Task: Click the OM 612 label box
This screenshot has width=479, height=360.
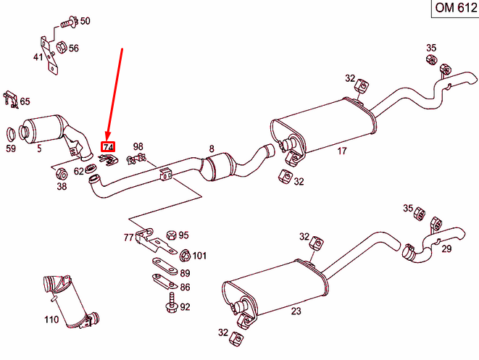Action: [x=454, y=8]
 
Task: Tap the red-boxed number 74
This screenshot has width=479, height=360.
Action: [x=108, y=147]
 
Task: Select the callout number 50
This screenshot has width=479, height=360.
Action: [x=85, y=21]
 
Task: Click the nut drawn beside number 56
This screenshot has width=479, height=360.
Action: [x=62, y=48]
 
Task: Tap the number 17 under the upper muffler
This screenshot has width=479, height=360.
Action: [x=341, y=151]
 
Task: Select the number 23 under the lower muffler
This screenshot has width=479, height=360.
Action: [x=296, y=312]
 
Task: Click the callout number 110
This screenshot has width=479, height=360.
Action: [x=51, y=319]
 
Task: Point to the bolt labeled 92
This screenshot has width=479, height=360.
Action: [x=172, y=303]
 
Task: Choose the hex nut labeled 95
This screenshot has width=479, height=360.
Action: [x=170, y=235]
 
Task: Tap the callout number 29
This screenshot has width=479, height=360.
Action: [x=446, y=249]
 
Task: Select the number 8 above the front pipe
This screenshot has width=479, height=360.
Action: [x=212, y=149]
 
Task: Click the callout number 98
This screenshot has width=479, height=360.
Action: [x=138, y=146]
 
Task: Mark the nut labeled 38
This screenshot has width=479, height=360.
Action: [x=62, y=173]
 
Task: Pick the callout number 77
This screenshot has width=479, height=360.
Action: [x=128, y=237]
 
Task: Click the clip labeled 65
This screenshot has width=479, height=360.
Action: [x=9, y=98]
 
